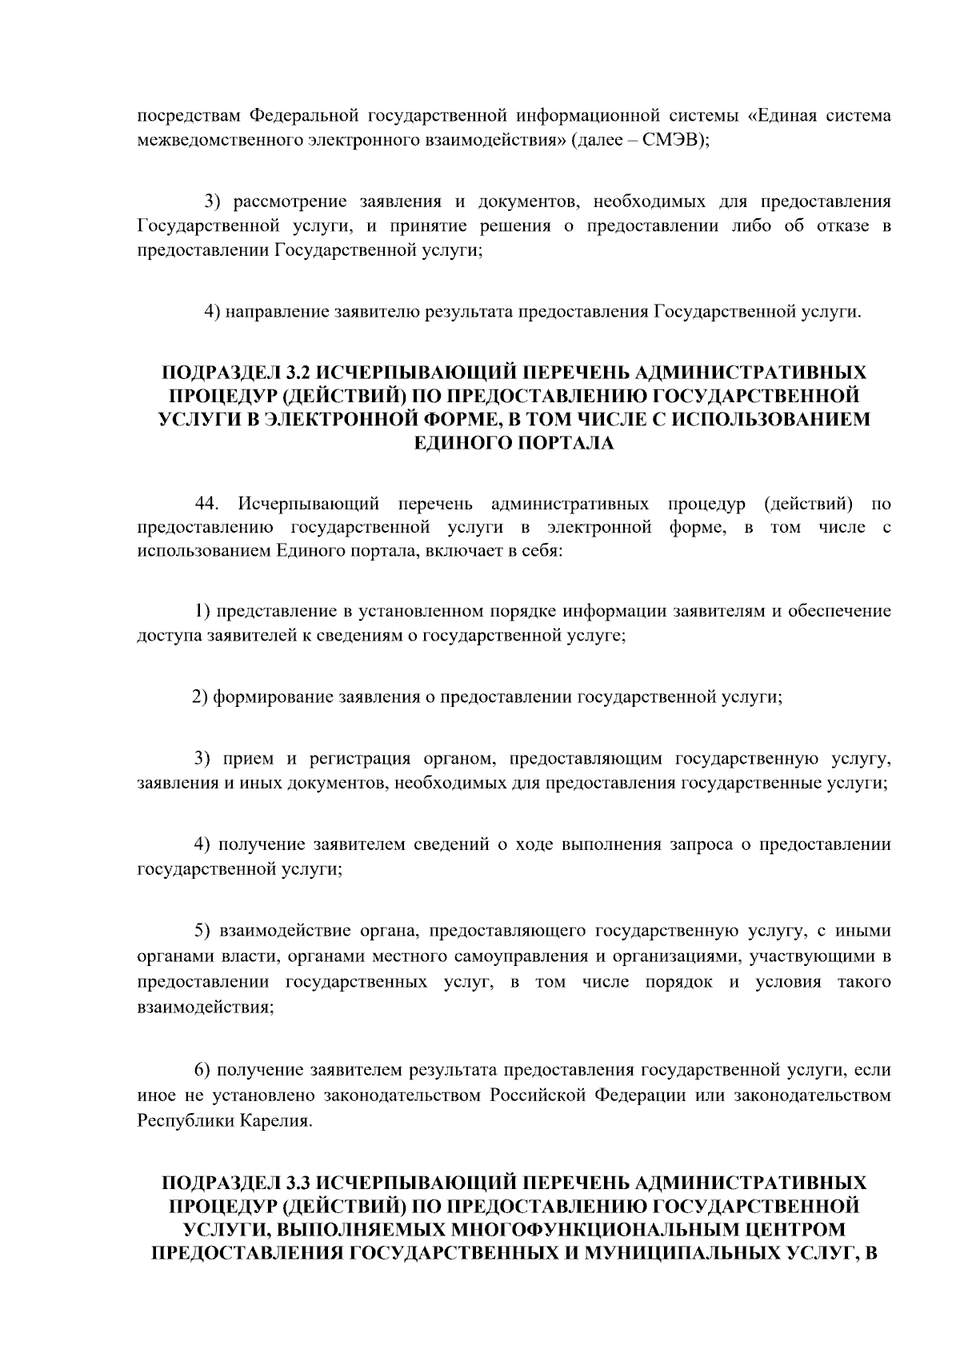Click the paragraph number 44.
tap(207, 504)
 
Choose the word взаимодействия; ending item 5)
tap(206, 1007)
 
